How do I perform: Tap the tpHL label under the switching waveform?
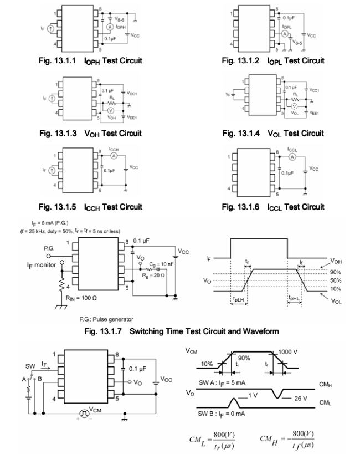(x=295, y=297)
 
